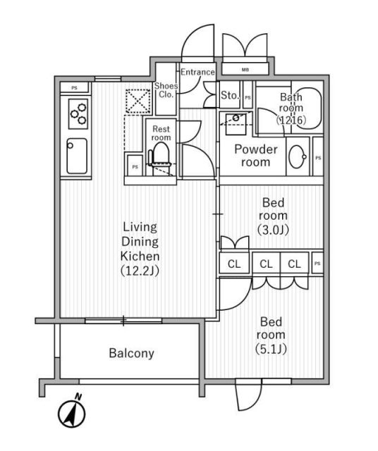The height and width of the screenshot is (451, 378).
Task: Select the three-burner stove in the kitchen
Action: coord(78,113)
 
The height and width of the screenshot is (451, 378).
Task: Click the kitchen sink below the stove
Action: coord(77,157)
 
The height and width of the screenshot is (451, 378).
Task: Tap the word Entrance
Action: coord(197,73)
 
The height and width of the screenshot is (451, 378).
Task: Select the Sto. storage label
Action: coord(230,94)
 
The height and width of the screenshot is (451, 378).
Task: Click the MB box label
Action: coord(245,69)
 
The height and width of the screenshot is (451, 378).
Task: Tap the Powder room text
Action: coord(255,156)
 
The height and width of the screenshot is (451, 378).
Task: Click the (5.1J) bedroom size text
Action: coord(271,347)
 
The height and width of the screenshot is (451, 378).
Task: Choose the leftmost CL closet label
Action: coord(233,264)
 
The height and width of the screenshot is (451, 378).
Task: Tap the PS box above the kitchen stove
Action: coord(74,87)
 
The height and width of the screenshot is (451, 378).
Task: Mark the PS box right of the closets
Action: coord(317,264)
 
